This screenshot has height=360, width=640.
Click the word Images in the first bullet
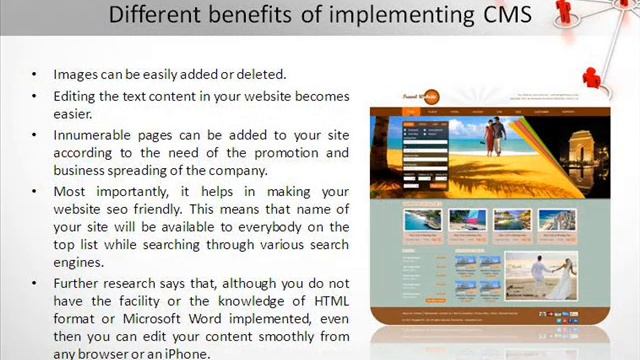click(76, 74)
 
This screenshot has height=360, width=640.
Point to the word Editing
click(78, 96)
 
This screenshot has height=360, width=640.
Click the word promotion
click(290, 153)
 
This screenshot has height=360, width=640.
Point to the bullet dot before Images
click(33, 75)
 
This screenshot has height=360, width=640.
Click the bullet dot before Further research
click(33, 285)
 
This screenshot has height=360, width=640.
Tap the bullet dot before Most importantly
click(33, 191)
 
